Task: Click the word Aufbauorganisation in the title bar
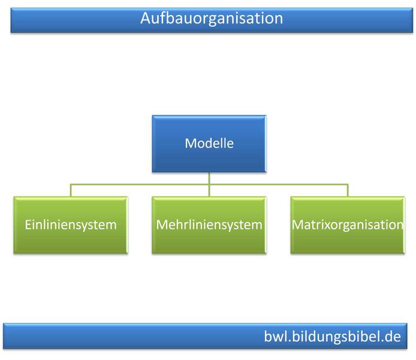tap(211, 18)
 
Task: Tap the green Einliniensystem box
tap(70, 225)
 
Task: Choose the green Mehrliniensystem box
tap(209, 225)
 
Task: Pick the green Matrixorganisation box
tap(348, 225)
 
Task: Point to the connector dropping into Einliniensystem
tap(70, 190)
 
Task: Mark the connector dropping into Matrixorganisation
tap(348, 190)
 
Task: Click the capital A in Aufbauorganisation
tap(146, 18)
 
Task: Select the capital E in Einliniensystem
tap(28, 226)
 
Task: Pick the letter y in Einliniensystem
tap(86, 227)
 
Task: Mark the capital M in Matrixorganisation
tap(297, 226)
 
